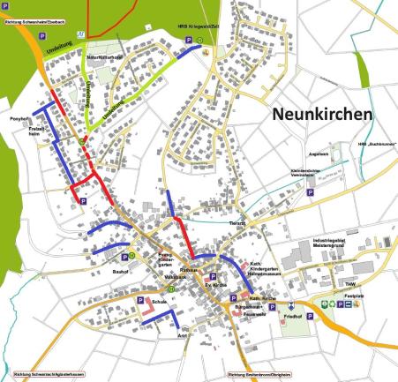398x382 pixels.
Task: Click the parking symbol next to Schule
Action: point(140,302)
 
